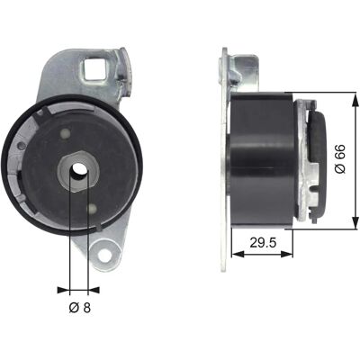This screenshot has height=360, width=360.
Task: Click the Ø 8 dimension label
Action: tap(80, 307)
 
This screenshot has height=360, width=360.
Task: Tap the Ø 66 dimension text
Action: tap(340, 159)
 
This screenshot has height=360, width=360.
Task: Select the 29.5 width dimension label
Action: tap(263, 242)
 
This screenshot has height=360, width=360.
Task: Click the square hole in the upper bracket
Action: tap(94, 68)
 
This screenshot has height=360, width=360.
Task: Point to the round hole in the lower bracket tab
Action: tap(103, 254)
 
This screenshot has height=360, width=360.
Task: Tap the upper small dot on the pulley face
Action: tap(65, 133)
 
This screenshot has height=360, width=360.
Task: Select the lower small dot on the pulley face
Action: tap(92, 208)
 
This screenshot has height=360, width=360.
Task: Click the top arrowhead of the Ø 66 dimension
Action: tap(355, 99)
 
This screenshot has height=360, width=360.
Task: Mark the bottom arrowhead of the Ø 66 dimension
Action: tap(355, 222)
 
